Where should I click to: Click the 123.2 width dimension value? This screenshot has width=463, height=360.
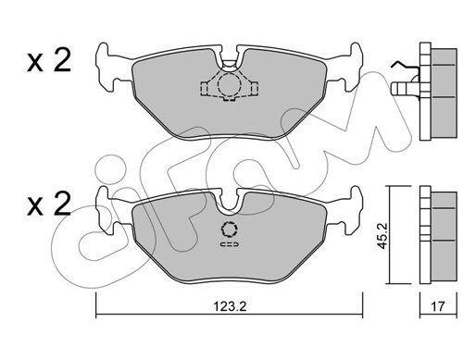point(230,306)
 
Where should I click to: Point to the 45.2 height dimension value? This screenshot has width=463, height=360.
point(383,236)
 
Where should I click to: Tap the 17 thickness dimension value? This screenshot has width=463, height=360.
point(438,306)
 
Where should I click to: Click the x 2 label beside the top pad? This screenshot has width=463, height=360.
point(49,60)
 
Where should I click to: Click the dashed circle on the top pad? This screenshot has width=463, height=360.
point(229,83)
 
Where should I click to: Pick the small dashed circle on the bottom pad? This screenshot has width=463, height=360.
point(230,230)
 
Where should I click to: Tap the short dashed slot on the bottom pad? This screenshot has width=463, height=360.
point(230,244)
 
